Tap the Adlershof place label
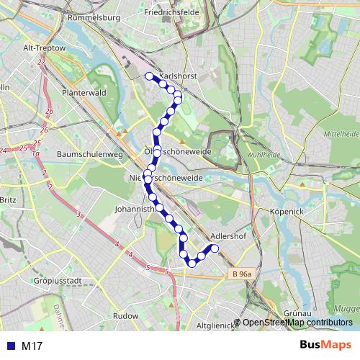pyautogui.click(x=230, y=235)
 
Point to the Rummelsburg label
pyautogui.click(x=96, y=17)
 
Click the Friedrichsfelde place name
pyautogui.click(x=171, y=13)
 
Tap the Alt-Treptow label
pyautogui.click(x=45, y=48)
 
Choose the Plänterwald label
pyautogui.click(x=84, y=93)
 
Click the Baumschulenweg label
pyautogui.click(x=90, y=154)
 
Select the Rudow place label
pyautogui.click(x=125, y=315)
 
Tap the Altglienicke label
pyautogui.click(x=216, y=325)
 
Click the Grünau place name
pyautogui.click(x=297, y=314)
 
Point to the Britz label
pyautogui.click(x=8, y=200)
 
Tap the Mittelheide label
pyautogui.click(x=341, y=134)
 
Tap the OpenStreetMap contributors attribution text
pyautogui.click(x=297, y=323)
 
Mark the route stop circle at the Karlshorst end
pyautogui.click(x=149, y=76)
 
